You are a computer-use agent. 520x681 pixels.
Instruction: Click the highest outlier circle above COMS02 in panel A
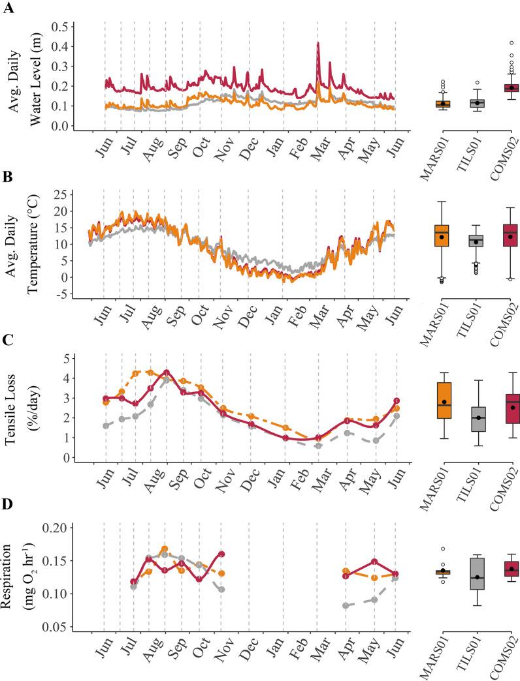[x=495, y=42]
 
